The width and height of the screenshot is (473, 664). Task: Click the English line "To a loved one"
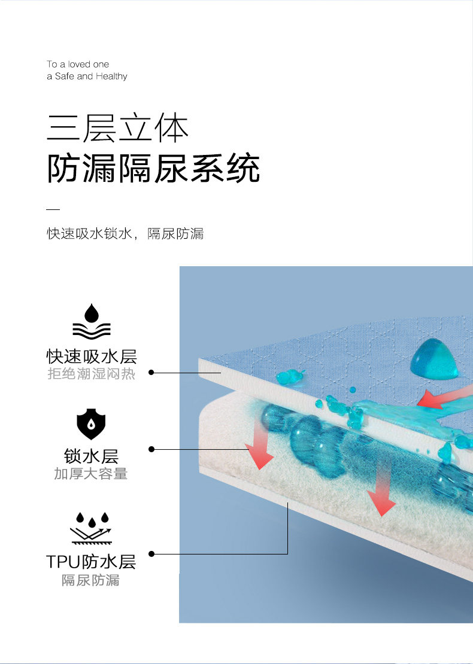(78, 64)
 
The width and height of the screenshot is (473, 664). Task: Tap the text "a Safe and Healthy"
(87, 77)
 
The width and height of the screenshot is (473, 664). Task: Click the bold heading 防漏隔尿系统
(153, 168)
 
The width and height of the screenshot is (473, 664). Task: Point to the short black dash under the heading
(53, 209)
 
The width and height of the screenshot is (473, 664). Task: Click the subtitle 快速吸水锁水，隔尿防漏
(126, 233)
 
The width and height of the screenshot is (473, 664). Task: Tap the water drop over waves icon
(92, 322)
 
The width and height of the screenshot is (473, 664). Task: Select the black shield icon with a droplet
(91, 425)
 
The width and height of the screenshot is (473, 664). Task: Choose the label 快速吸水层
(92, 357)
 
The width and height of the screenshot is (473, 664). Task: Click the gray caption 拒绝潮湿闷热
(92, 374)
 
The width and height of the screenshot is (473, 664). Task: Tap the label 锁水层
(92, 457)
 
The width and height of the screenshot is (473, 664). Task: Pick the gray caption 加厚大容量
(91, 474)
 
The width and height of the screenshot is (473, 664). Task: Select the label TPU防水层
(91, 562)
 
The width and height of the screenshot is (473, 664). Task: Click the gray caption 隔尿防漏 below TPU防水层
(91, 580)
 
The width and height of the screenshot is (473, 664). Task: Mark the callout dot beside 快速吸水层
(151, 372)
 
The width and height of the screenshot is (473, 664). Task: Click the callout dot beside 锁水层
(151, 449)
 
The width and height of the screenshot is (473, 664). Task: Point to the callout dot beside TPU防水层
(151, 554)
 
